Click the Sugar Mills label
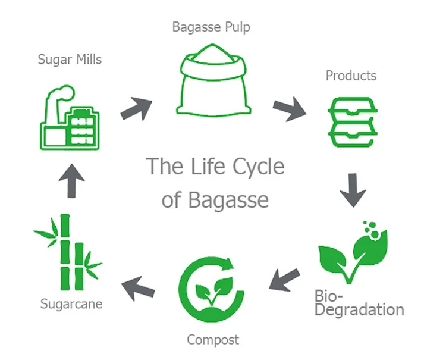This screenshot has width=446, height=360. (x=70, y=59)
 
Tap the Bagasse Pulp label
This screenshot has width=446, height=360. (x=212, y=27)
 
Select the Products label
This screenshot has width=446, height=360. (x=351, y=76)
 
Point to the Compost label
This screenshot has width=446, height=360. (x=213, y=340)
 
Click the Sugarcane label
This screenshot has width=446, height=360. (x=71, y=304)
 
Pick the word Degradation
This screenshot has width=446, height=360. (x=359, y=309)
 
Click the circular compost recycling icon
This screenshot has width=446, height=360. (x=212, y=285)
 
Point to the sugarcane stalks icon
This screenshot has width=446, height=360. (x=67, y=250)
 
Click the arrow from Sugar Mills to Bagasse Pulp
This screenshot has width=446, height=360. (x=135, y=107)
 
